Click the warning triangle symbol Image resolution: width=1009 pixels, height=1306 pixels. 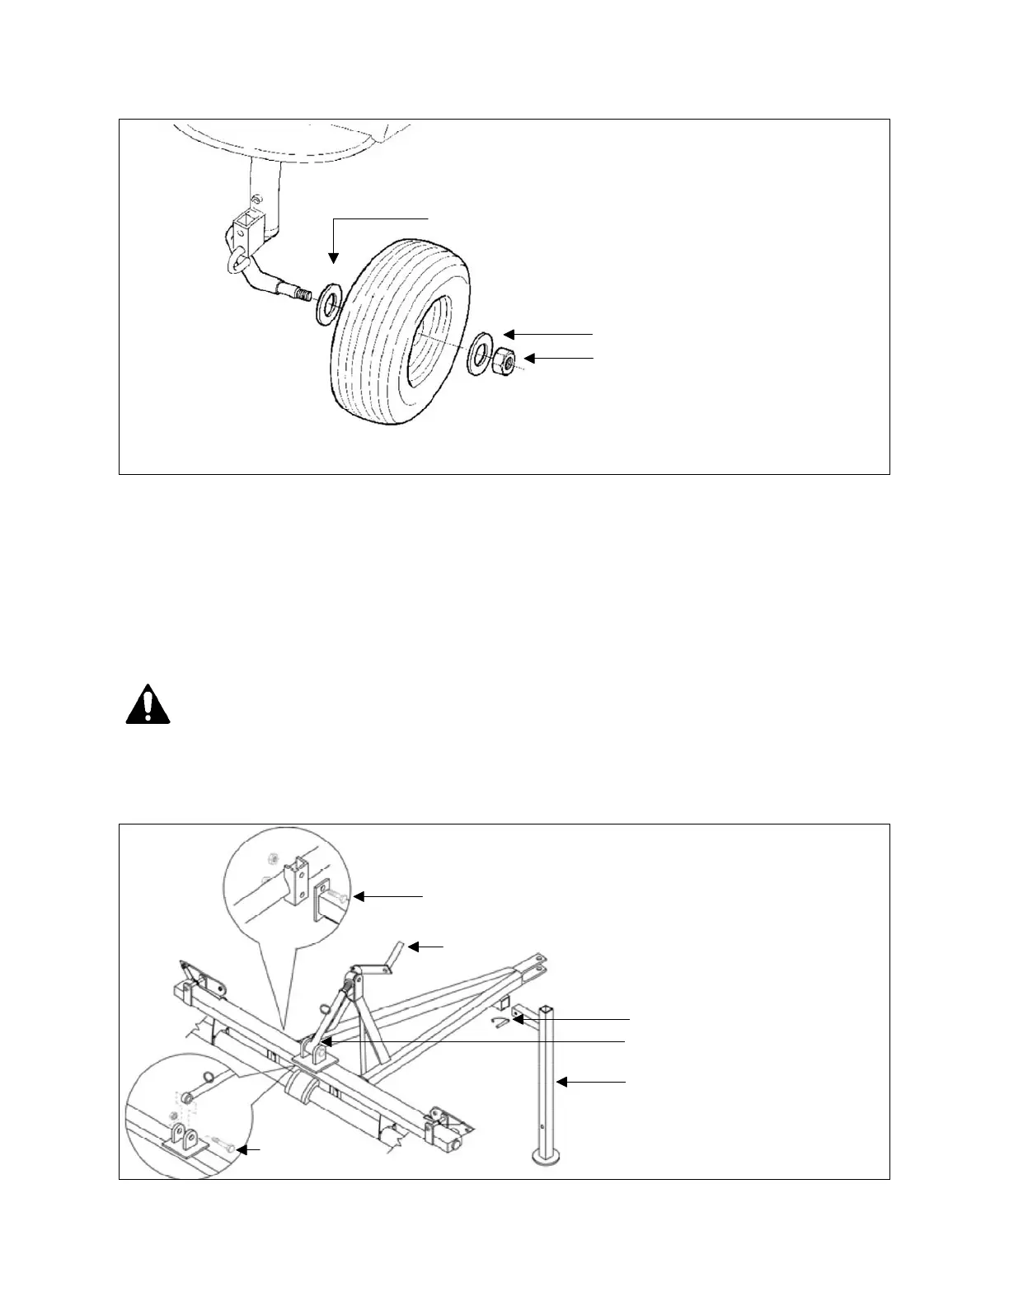point(148,704)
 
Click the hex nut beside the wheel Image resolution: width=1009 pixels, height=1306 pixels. point(504,360)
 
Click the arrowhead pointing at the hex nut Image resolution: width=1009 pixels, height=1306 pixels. point(530,358)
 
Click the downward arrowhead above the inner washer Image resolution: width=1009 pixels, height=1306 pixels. point(333,257)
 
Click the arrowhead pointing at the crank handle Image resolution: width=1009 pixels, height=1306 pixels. point(415,947)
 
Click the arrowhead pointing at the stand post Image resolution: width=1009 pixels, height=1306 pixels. point(561,1081)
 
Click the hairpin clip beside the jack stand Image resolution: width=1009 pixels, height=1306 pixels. point(497,1023)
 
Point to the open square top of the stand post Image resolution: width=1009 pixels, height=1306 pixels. point(547,1008)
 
